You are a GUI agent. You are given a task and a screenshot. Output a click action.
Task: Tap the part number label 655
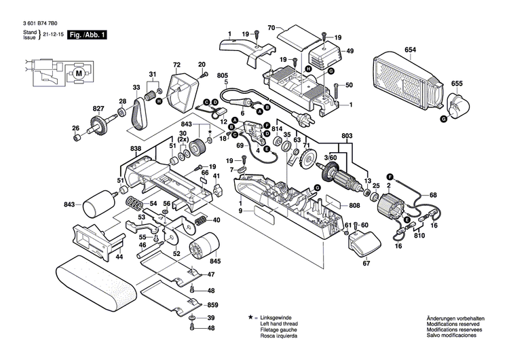pyautogui.click(x=457, y=84)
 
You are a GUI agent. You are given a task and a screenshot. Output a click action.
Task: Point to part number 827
pyautogui.click(x=99, y=109)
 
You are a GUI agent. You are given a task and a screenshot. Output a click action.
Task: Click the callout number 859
pyautogui.click(x=212, y=305)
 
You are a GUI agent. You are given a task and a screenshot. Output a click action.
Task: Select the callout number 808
pyautogui.click(x=354, y=205)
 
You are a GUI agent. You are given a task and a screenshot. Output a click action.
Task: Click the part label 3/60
pyautogui.click(x=331, y=158)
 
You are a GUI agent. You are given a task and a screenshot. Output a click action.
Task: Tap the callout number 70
pyautogui.click(x=270, y=28)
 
